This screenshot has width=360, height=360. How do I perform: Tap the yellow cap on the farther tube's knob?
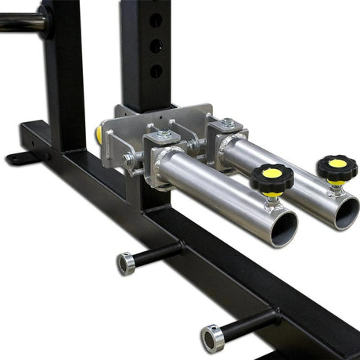point(337,163)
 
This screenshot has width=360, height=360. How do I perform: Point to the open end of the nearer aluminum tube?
point(283,228)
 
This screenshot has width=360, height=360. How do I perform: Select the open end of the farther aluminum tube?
point(345,212)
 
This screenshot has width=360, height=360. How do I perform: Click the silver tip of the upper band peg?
point(125,263)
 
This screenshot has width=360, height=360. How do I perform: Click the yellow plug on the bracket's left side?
point(99,134)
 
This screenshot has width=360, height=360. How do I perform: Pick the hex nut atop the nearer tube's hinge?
point(164,135)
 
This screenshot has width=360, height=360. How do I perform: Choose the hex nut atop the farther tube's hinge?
point(227,123)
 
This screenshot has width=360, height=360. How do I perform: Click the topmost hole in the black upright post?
point(156,19)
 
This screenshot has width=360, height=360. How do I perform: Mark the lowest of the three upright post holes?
point(156,71)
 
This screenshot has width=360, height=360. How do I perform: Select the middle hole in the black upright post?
point(156,45)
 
